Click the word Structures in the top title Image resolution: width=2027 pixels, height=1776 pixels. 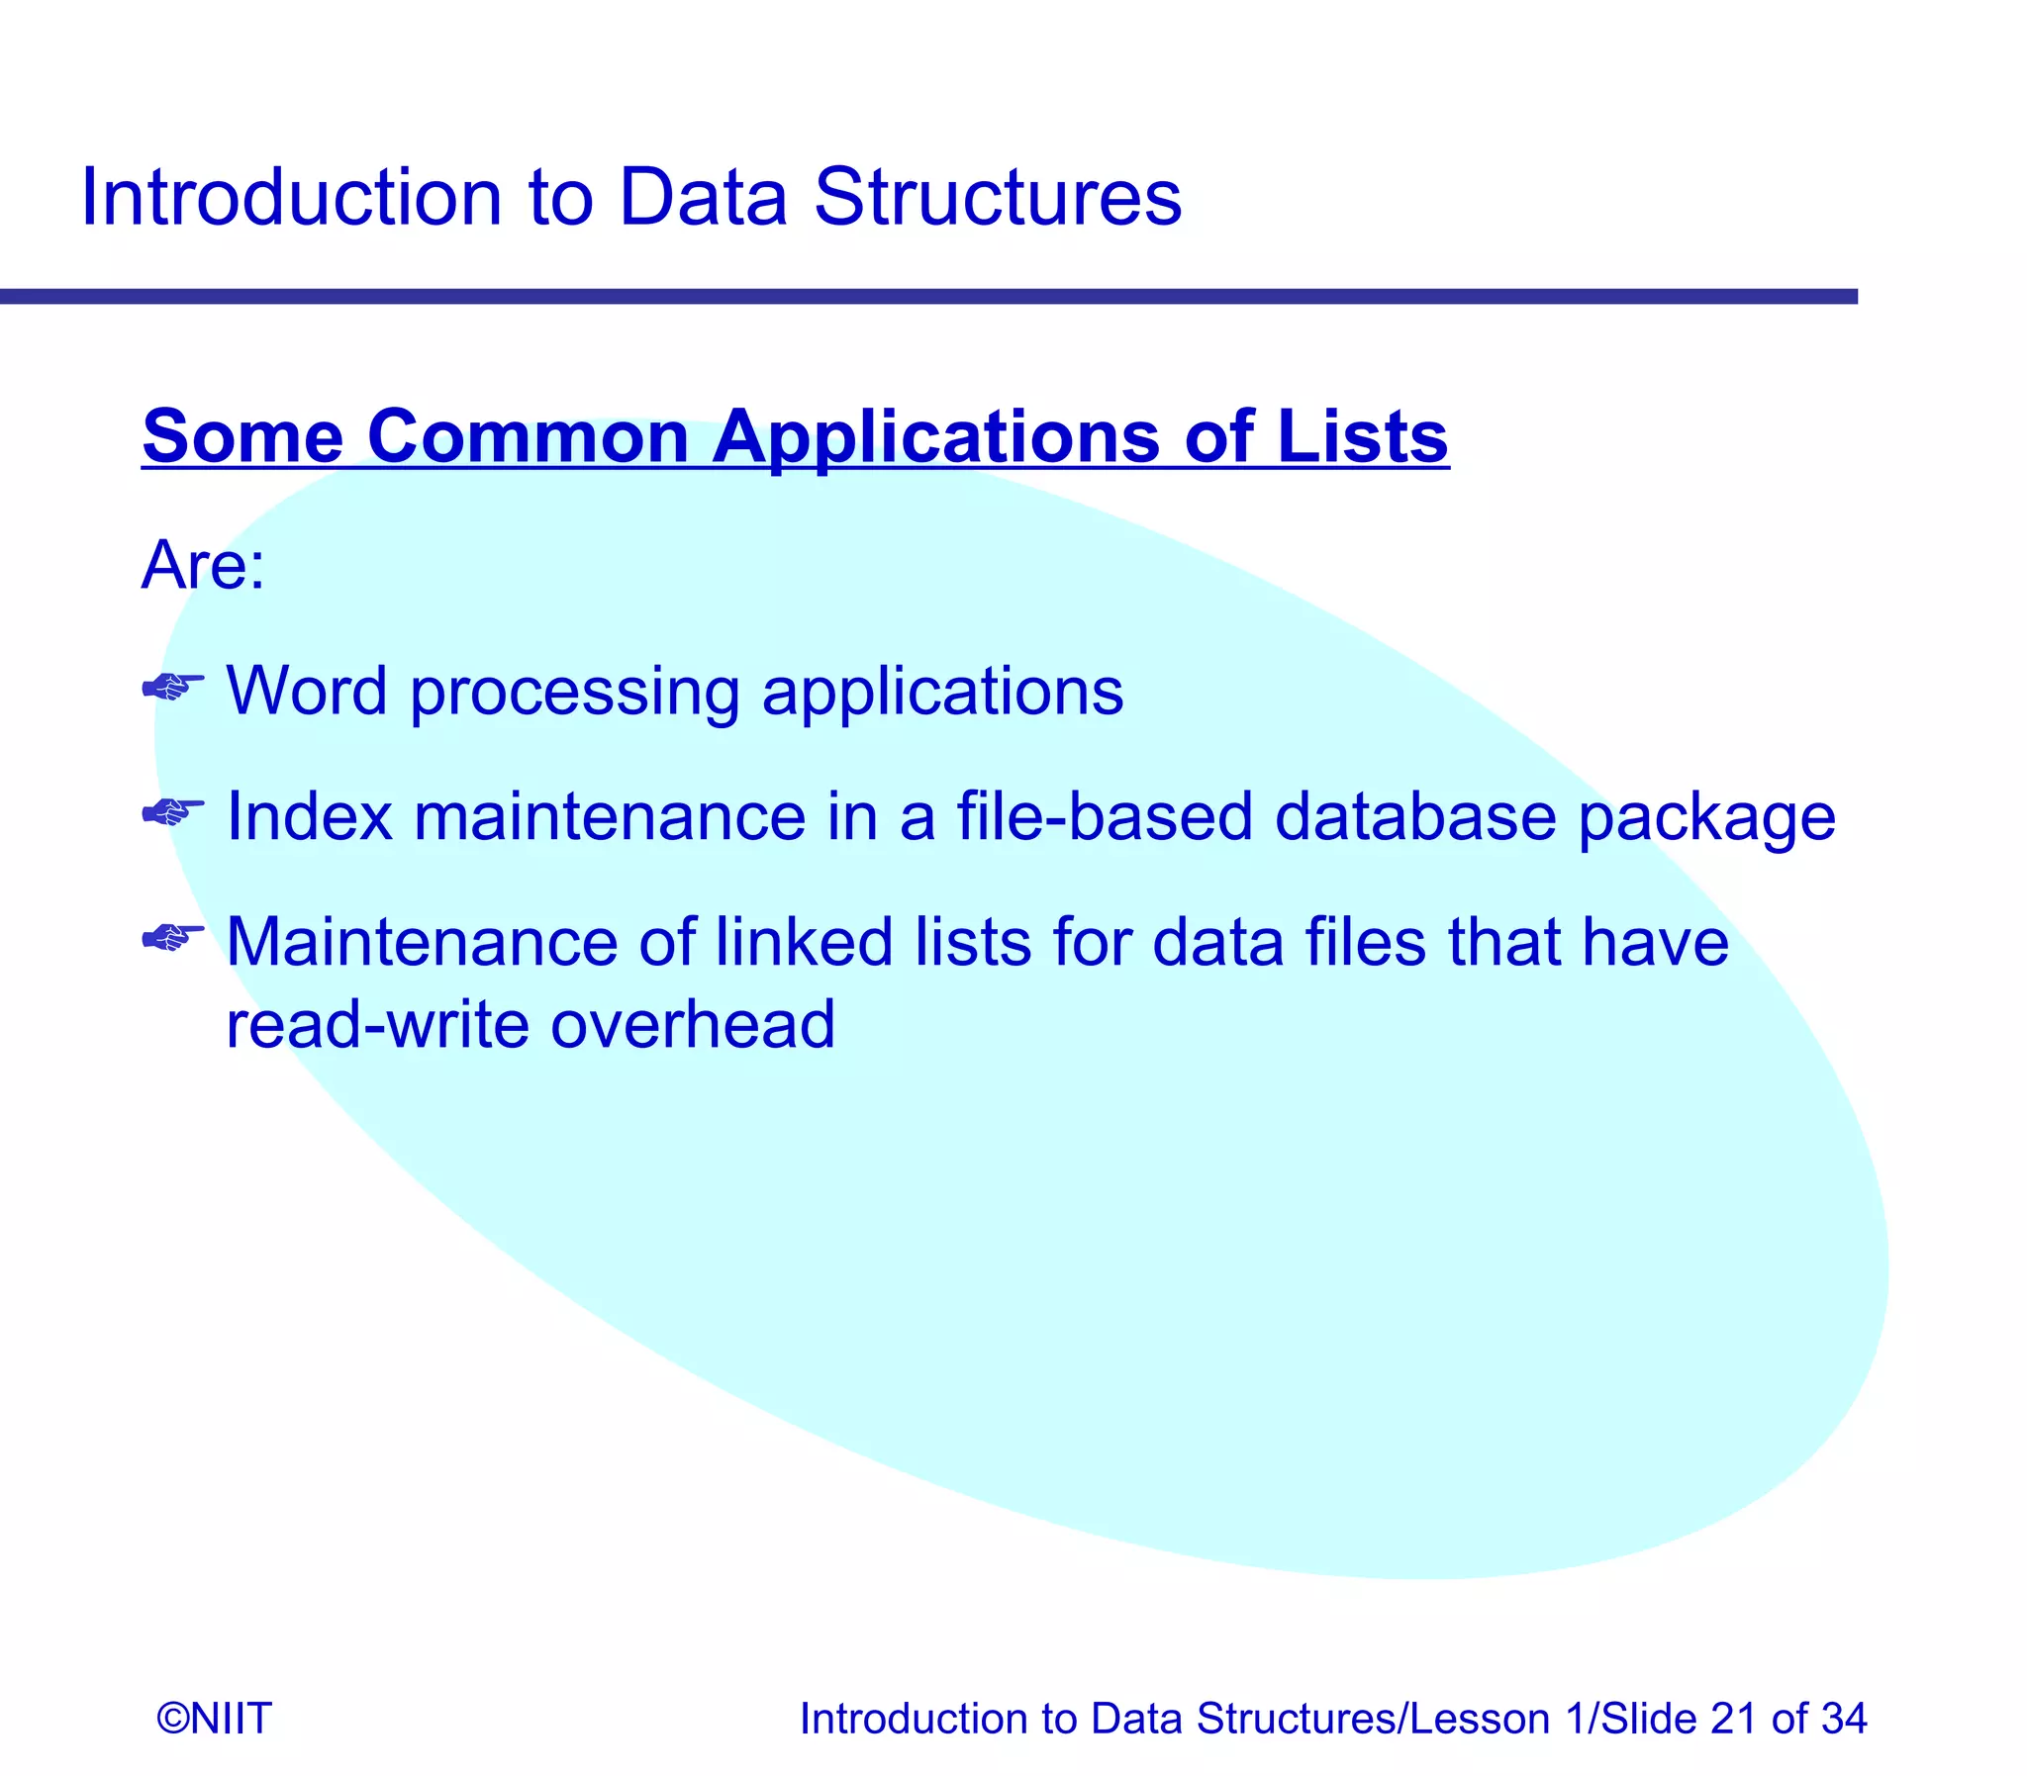point(997,198)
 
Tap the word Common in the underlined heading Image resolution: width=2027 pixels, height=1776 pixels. point(528,436)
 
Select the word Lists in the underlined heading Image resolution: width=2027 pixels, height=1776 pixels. point(1362,436)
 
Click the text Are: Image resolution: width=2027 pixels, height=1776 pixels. point(203,566)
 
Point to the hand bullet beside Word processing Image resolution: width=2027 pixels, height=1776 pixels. point(172,686)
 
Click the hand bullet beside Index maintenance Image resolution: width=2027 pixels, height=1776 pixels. point(172,812)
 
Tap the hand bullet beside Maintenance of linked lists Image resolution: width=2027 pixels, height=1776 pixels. point(172,937)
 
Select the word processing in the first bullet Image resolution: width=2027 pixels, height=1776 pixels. point(575,694)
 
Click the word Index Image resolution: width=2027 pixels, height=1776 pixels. point(309,817)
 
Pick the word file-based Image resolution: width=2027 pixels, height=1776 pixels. point(1105,817)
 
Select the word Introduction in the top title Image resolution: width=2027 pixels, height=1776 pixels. point(291,198)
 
